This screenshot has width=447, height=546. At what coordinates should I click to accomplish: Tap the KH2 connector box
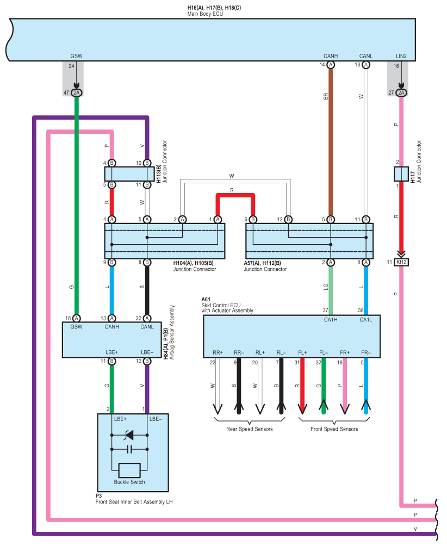tap(401, 262)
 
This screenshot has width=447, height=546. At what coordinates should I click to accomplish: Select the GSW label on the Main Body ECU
tap(76, 56)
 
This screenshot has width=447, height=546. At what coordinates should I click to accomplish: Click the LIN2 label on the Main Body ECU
tap(401, 56)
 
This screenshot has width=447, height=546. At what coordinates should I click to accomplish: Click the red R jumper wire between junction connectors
tap(235, 195)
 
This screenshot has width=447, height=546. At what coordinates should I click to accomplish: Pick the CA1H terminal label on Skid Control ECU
tap(330, 320)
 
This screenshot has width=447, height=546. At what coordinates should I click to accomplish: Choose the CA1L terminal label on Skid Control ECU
tap(366, 320)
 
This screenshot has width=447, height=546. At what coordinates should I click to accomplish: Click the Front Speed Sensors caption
tap(334, 429)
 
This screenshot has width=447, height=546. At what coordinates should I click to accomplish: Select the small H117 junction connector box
tap(401, 174)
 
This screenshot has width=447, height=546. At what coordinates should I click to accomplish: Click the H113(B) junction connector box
tap(129, 173)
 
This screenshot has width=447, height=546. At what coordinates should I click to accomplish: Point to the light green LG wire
tap(330, 288)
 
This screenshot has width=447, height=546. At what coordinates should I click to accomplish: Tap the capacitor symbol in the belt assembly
tap(129, 449)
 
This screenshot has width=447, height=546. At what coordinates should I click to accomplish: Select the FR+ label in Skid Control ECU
tap(343, 353)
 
